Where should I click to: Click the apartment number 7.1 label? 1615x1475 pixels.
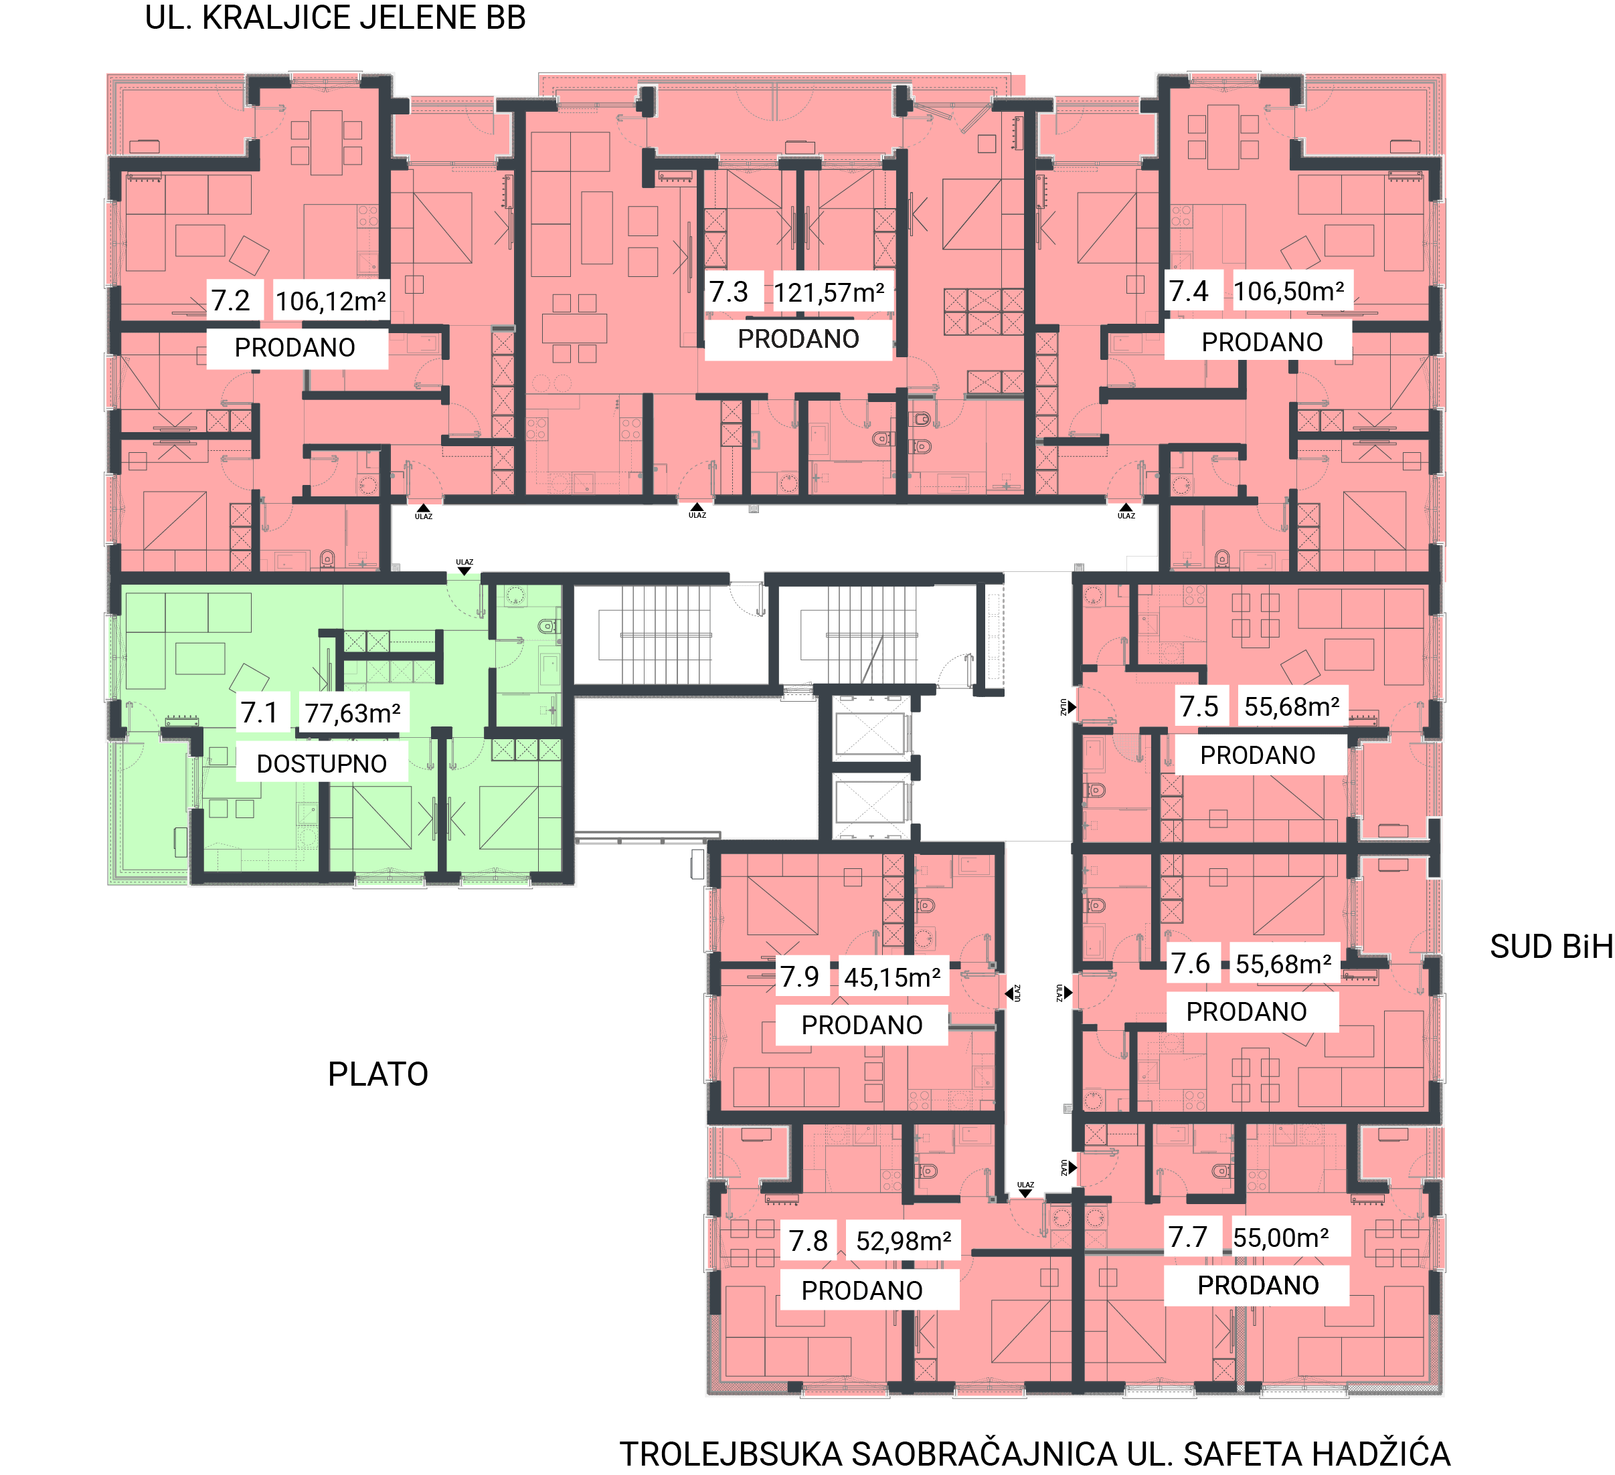click(259, 712)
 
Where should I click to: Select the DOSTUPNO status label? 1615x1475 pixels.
click(321, 763)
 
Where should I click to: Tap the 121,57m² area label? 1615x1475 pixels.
click(829, 293)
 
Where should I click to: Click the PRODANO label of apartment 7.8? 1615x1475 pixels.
click(862, 1290)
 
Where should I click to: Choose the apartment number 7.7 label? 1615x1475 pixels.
click(1187, 1237)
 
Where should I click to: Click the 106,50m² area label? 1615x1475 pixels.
click(1289, 292)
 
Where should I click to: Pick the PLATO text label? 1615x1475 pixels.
click(378, 1074)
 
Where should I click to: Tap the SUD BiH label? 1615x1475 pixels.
click(1551, 947)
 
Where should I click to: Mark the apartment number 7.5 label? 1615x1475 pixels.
click(1199, 706)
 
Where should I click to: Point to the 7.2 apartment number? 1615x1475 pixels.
click(231, 300)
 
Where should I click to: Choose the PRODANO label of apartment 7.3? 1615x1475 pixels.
click(798, 338)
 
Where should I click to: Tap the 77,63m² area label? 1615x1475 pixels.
click(353, 712)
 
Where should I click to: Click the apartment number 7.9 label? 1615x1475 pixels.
click(800, 977)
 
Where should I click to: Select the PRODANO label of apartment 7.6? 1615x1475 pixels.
click(1246, 1011)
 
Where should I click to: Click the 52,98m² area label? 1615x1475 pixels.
click(904, 1241)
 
